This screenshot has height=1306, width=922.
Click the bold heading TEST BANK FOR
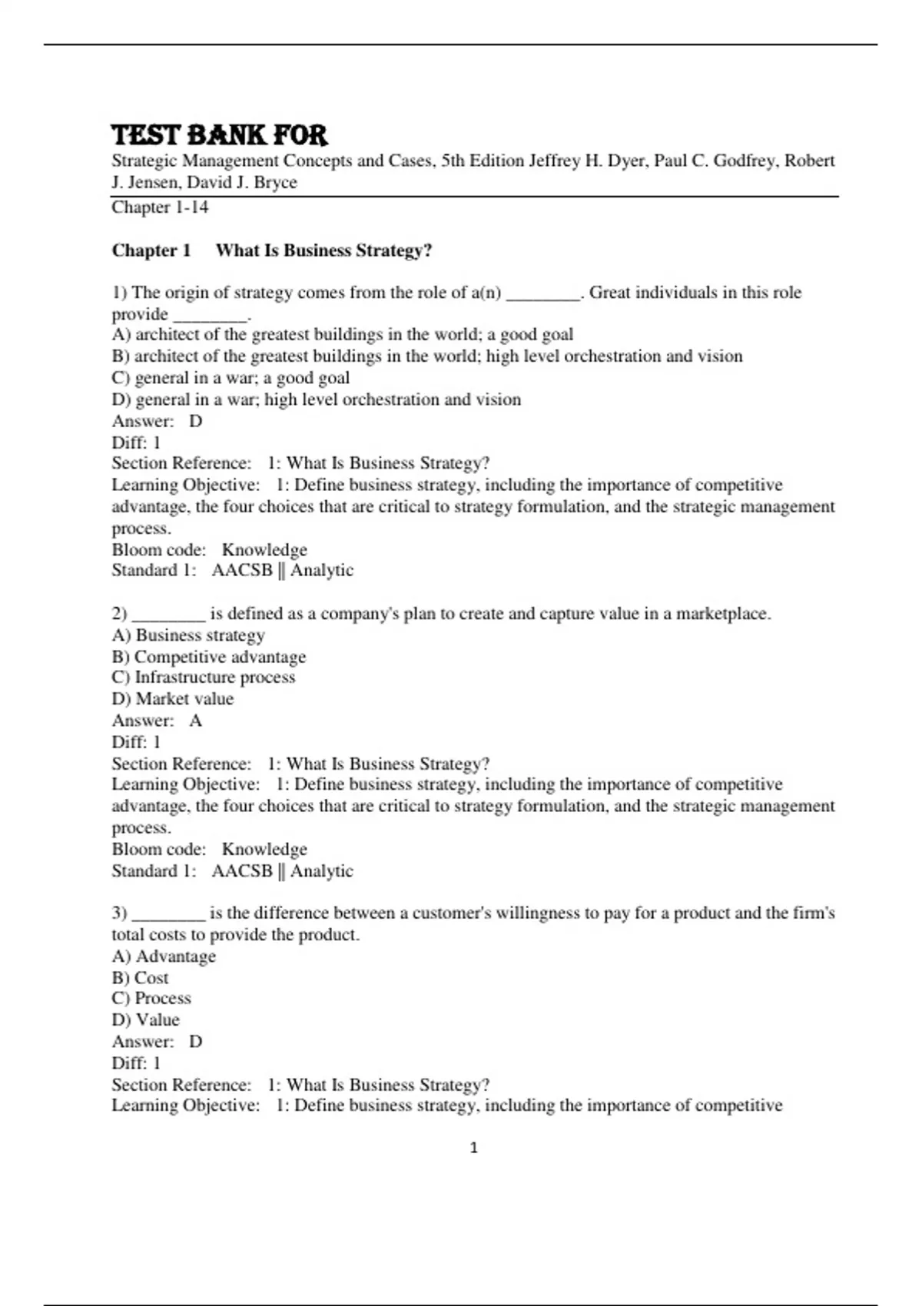pos(220,135)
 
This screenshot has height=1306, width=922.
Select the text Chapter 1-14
pos(160,207)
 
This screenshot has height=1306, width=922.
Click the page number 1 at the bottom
pos(473,1148)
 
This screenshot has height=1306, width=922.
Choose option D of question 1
pos(317,399)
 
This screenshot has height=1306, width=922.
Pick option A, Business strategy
pos(188,635)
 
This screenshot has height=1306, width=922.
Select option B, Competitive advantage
pos(208,657)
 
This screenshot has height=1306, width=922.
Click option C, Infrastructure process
pos(203,677)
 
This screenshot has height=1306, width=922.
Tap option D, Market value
pos(172,698)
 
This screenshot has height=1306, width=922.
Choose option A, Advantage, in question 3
pos(164,956)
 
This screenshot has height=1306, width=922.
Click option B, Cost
pos(140,978)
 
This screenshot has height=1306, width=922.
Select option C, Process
pos(151,998)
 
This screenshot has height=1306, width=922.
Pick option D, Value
pos(145,1019)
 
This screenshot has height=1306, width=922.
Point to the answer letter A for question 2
pos(196,721)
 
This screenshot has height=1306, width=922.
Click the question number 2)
pos(119,614)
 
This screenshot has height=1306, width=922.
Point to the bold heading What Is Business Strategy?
pos(323,250)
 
